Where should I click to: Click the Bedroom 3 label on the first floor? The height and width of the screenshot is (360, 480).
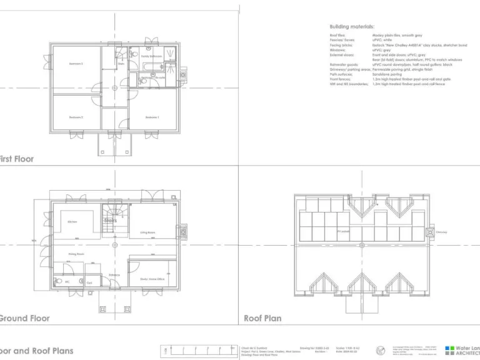click(x=76, y=64)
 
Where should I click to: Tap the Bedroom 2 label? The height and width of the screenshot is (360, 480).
click(x=76, y=117)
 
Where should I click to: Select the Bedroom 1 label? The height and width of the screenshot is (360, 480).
click(x=152, y=117)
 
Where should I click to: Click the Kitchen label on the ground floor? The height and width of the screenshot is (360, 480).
click(x=72, y=222)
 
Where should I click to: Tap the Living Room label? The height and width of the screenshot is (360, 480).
click(x=147, y=232)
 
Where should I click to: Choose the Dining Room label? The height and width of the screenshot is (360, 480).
click(x=76, y=254)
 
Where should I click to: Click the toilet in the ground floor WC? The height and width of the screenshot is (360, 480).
click(x=58, y=282)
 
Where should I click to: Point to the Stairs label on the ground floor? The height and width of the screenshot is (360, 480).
click(x=111, y=220)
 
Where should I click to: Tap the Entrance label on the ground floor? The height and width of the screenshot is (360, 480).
click(x=114, y=274)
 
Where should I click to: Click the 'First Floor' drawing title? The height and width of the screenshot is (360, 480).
click(x=17, y=159)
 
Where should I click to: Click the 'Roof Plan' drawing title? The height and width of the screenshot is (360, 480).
click(x=262, y=318)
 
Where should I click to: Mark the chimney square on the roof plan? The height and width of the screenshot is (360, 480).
click(x=430, y=232)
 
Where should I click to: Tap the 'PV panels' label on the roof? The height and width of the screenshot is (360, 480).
click(x=343, y=232)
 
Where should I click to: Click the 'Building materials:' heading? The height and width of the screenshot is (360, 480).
click(x=352, y=27)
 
